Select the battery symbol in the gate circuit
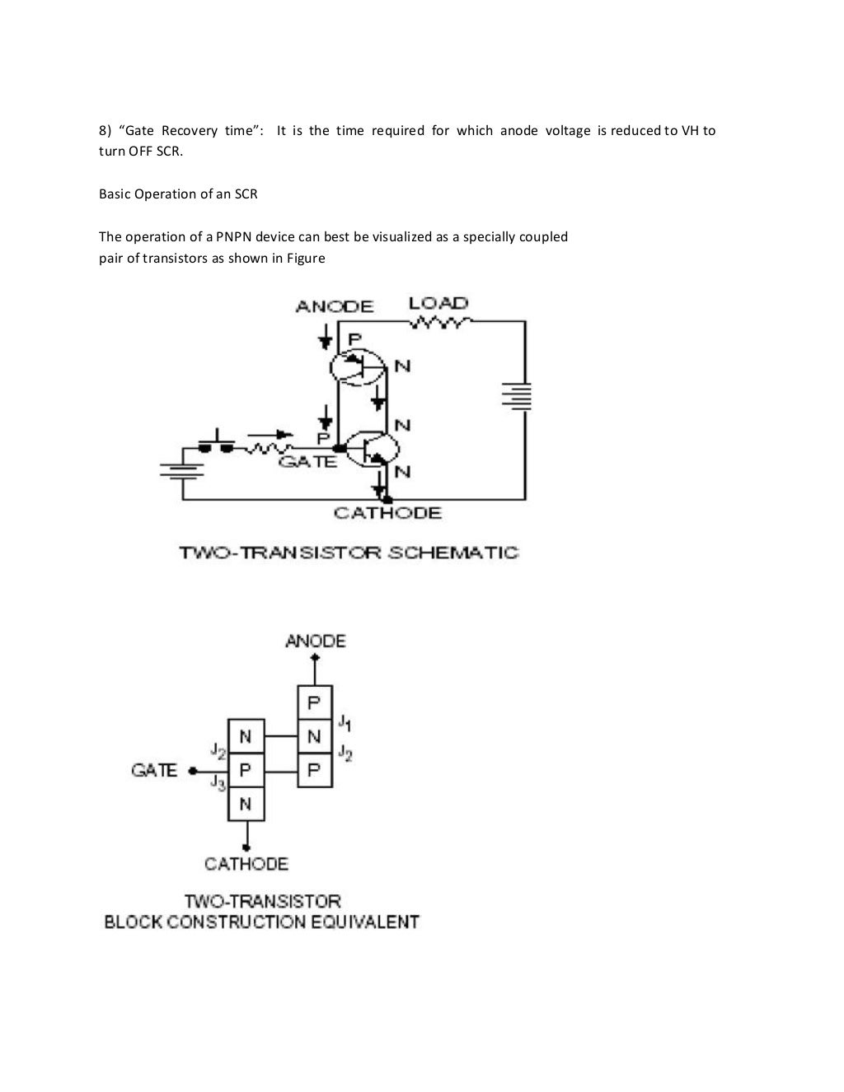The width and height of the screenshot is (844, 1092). coord(181,470)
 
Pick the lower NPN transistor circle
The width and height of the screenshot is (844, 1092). coord(372,449)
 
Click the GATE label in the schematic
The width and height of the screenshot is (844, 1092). coord(308,462)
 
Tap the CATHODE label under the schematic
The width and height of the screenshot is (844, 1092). coord(387,513)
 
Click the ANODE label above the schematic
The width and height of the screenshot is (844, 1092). coord(334,306)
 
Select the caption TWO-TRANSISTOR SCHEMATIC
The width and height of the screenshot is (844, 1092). coord(349,553)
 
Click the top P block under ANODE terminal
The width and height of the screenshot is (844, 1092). coord(314,702)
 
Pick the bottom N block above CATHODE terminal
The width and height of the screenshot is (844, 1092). coord(246,804)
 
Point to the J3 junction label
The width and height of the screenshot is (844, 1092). coord(218,782)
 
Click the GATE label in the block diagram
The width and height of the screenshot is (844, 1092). coord(154,771)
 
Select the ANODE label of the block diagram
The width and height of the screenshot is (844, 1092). coord(315,641)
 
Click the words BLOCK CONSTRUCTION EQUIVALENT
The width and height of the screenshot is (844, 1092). coord(261,922)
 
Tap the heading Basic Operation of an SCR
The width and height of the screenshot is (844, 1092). coord(178,194)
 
